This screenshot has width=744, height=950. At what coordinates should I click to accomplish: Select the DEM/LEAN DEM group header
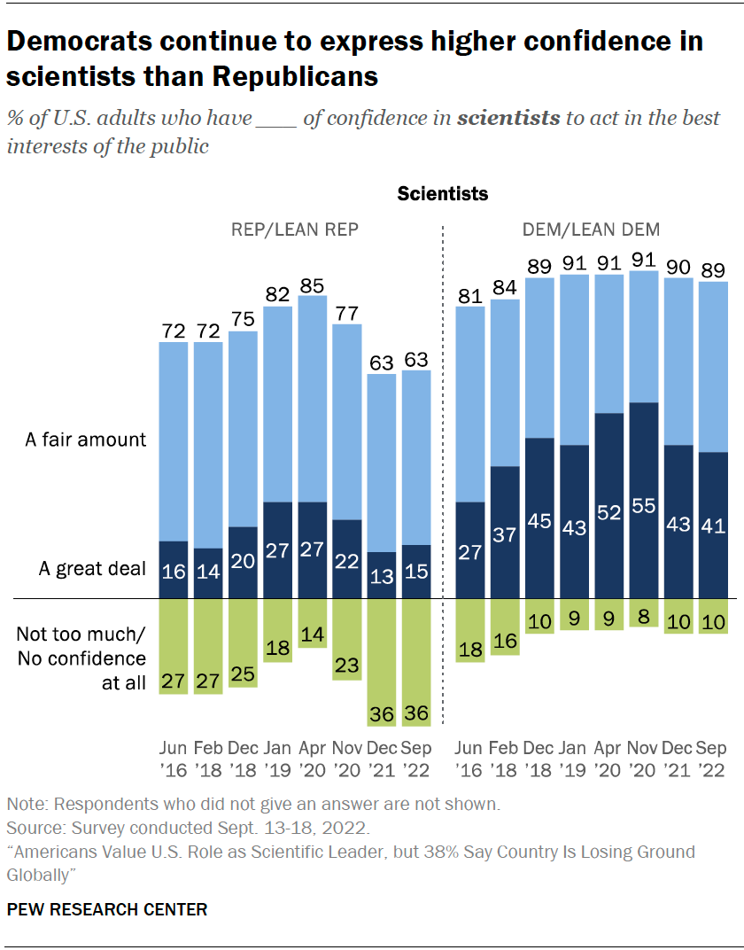pos(591,230)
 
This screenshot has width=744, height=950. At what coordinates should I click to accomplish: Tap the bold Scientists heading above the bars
pos(442,193)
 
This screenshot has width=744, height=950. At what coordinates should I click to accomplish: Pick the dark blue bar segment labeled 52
pos(608,505)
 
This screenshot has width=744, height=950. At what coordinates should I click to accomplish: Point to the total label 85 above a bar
pos(313,285)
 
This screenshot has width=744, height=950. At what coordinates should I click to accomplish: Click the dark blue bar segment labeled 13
pos(382,575)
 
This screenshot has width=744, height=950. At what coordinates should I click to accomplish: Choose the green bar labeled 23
pos(347,638)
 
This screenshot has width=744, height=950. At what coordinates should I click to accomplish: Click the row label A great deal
pos(92,569)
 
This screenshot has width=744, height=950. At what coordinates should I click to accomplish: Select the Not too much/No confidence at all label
pos(81,658)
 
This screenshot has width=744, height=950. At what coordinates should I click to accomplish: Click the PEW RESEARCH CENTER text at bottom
pos(107,909)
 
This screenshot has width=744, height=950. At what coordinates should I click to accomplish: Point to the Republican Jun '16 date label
pos(174,759)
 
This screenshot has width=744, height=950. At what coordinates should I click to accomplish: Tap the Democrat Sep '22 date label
pos(712,759)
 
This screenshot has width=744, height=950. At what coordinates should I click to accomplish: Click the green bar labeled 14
pos(313,623)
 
